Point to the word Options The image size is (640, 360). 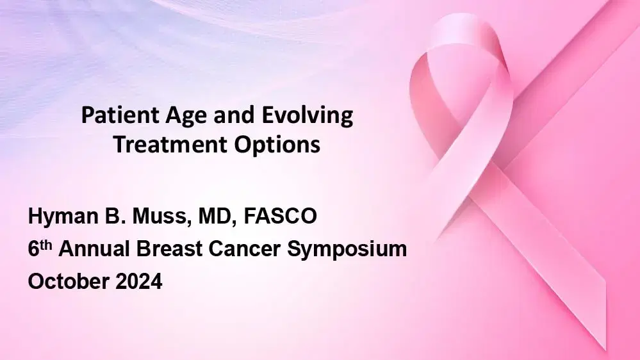pyautogui.click(x=283, y=145)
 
